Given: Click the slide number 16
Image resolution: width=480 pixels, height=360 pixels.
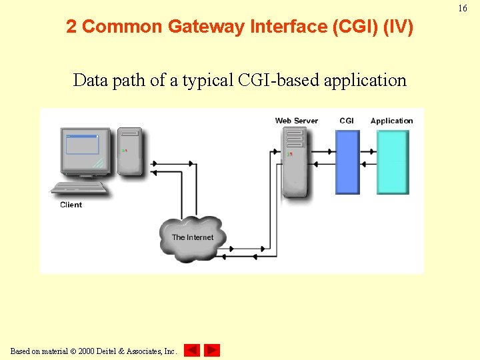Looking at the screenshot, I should [463, 9].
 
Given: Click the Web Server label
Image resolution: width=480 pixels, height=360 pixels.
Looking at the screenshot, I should [297, 121].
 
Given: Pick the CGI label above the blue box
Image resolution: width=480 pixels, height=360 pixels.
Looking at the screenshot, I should [347, 121].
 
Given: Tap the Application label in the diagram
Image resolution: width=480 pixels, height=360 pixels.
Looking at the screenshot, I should [391, 121].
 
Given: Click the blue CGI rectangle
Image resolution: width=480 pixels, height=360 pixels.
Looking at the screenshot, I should [347, 162].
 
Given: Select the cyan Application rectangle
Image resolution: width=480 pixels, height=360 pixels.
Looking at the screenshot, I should [393, 162].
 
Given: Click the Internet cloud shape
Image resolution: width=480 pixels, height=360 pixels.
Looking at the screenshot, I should [193, 237].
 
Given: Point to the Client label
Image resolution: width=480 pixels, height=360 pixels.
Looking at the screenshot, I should [71, 205].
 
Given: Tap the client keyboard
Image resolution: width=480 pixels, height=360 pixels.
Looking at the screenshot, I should [79, 188].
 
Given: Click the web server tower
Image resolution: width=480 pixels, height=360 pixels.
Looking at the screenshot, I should [294, 162].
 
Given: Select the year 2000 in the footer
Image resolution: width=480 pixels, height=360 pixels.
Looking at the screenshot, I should [87, 351].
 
